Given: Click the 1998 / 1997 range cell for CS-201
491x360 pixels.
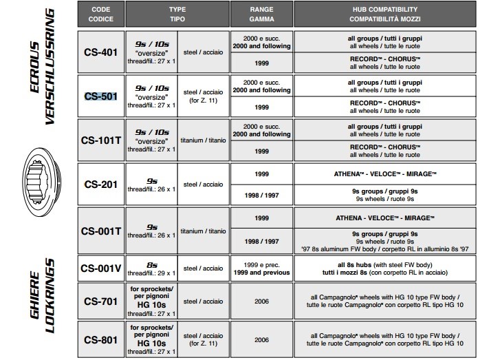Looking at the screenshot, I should coord(262,195).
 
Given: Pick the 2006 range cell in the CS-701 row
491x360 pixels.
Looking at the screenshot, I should coord(262,301).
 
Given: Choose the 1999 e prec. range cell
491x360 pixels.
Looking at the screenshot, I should coord(262,268).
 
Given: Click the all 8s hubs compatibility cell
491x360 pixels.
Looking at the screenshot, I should coord(390,268).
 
